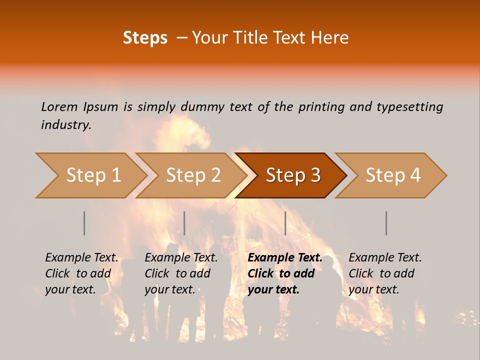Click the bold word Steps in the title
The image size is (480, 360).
[145, 38]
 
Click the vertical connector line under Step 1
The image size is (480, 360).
[84, 223]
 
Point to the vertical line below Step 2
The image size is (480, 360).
[184, 223]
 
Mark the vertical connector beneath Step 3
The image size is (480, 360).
[285, 223]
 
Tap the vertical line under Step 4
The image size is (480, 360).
[386, 223]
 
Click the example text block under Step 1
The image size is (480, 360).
[81, 273]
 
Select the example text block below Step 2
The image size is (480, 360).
[181, 273]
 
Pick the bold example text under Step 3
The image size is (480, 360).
[285, 273]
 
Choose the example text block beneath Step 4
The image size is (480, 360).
[385, 273]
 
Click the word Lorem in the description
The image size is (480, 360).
[59, 106]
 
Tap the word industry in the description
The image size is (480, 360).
[66, 124]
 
